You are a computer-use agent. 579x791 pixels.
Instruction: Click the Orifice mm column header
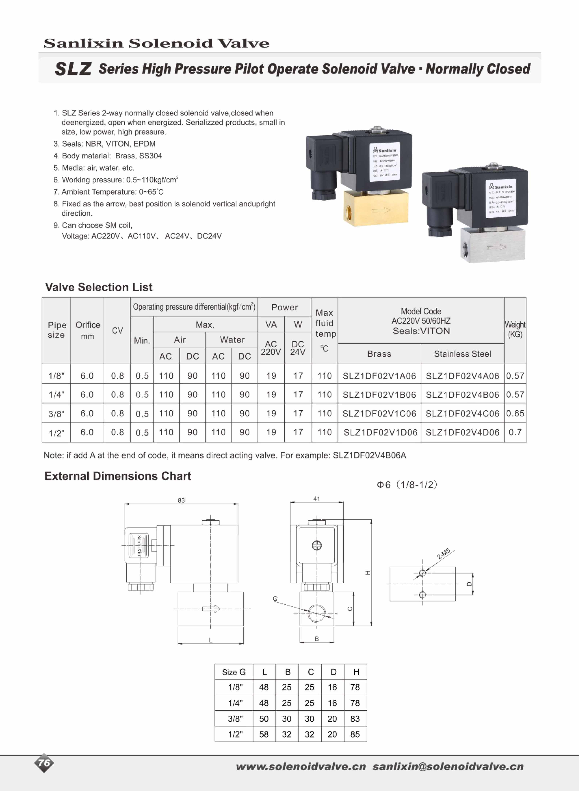point(88,330)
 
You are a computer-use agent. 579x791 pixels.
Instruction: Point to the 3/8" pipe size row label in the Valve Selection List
point(56,414)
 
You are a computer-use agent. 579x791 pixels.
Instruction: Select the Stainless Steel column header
point(462,354)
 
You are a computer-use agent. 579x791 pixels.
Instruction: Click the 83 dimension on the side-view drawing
point(181,500)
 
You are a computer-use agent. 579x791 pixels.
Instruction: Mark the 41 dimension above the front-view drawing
point(316,498)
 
